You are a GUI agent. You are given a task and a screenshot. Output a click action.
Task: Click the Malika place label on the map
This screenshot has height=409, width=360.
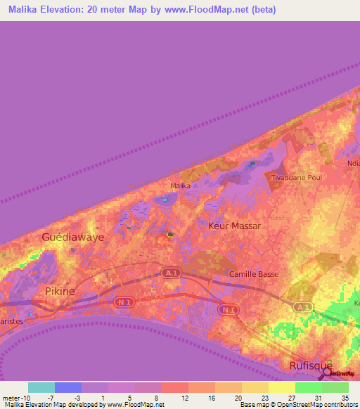coord(181,186)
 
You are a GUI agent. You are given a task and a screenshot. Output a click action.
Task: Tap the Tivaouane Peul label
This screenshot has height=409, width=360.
coord(296,178)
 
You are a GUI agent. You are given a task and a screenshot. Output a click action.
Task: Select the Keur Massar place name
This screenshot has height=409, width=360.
coord(235,226)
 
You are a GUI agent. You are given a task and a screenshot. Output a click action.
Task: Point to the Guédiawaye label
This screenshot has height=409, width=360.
coord(72,238)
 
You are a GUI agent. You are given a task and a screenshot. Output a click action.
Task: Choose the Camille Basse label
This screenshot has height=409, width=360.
coord(255,274)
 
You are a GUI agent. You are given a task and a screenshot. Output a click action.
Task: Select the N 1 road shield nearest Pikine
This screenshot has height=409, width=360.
coord(124,301)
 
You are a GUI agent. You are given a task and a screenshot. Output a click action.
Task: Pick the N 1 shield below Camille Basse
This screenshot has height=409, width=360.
coord(226,309)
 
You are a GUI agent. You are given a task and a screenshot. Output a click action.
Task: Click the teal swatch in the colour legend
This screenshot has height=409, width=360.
coord(41,387)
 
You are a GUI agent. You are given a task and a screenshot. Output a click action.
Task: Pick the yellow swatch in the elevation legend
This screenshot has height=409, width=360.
coord(281,387)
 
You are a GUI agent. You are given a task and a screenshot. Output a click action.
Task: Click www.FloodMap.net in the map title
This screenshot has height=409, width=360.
coord(215,10)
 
